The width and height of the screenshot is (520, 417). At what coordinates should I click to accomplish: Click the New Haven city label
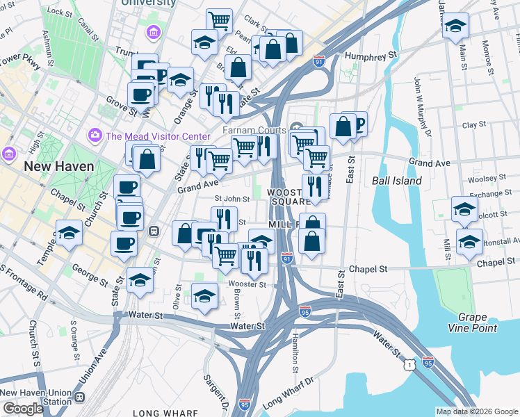tap(55, 167)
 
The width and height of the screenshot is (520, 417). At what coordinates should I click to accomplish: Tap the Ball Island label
tap(397, 181)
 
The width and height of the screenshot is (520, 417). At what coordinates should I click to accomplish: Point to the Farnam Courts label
tap(254, 130)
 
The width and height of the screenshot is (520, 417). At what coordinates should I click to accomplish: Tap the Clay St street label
tap(473, 125)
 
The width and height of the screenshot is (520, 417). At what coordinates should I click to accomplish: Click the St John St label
tap(232, 199)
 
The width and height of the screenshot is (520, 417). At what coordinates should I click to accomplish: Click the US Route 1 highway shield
tap(412, 363)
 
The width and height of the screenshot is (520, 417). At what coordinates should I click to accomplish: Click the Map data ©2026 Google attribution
tap(476, 411)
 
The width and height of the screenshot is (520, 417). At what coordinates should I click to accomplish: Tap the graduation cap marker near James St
tap(455, 26)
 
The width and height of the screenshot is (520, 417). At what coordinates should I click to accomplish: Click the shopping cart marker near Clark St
tap(220, 20)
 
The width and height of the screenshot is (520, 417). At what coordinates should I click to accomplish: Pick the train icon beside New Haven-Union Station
tap(80, 397)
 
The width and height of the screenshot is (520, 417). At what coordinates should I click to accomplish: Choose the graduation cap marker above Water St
tap(204, 297)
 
